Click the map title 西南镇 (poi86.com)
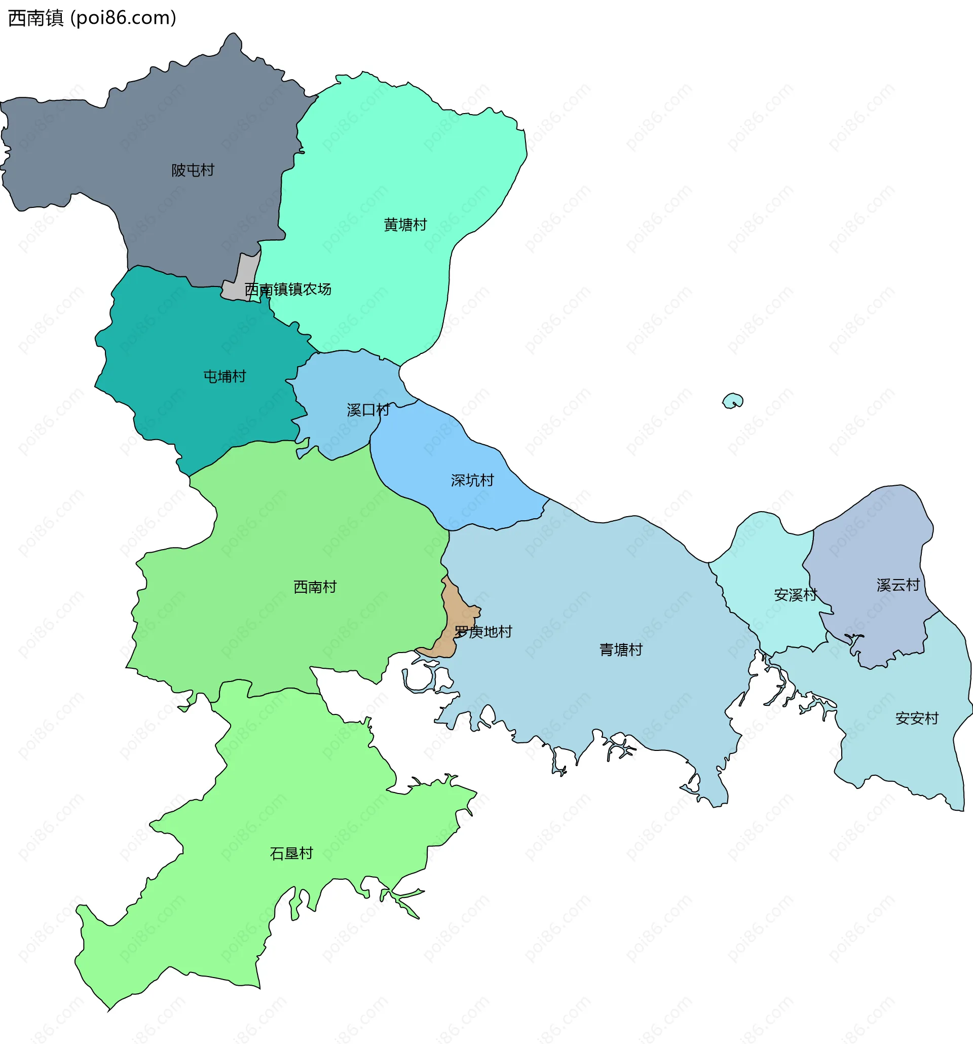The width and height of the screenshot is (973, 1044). [x=92, y=18]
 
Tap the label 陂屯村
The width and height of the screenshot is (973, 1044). [x=193, y=170]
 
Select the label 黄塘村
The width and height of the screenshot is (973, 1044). [x=405, y=225]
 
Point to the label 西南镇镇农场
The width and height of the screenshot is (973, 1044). [x=288, y=290]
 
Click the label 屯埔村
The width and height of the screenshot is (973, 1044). [x=224, y=377]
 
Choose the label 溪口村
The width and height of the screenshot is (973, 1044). [x=368, y=410]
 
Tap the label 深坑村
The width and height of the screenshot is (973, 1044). [x=472, y=481]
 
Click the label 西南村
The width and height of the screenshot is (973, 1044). [x=315, y=587]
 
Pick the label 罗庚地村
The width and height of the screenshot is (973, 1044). [x=483, y=632]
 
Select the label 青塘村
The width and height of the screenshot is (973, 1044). [x=621, y=650]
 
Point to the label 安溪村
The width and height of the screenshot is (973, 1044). [x=795, y=595]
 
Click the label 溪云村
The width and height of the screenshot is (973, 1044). [x=898, y=585]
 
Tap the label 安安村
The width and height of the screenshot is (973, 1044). [x=917, y=718]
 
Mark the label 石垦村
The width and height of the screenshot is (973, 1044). [x=291, y=853]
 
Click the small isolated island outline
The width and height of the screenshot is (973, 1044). [x=733, y=401]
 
